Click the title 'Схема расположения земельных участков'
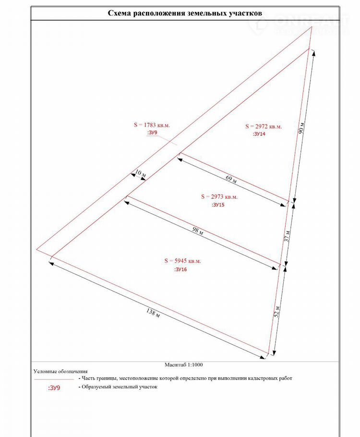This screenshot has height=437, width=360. click(188, 13)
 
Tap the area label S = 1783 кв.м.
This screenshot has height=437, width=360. click(152, 125)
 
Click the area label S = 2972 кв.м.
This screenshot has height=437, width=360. click(263, 126)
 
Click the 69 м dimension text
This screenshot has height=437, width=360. click(231, 180)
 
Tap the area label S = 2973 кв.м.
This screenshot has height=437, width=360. click(218, 196)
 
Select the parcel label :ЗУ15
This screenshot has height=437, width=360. click(218, 205)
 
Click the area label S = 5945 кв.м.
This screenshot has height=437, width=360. click(182, 261)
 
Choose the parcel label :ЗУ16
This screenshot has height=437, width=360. click(181, 270)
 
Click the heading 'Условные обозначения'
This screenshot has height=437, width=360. click(60, 371)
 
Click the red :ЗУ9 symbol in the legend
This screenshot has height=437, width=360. click(54, 388)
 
